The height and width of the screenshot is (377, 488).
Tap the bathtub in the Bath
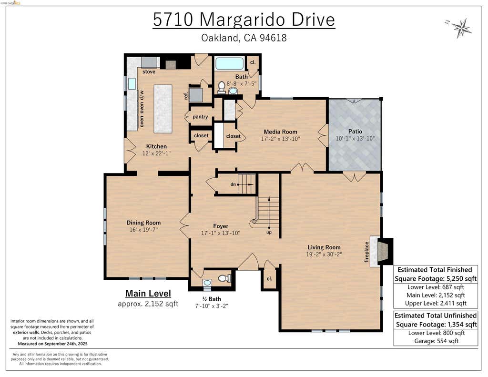(230, 63)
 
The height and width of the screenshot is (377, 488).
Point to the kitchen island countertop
(163, 109)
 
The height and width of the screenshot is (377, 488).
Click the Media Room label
(280, 132)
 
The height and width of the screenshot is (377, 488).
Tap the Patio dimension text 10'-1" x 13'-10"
(355, 139)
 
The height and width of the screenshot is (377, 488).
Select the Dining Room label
(143, 223)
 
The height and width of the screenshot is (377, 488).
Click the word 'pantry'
(200, 117)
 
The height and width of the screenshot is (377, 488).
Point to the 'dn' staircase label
(233, 184)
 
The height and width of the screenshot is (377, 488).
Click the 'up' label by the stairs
(269, 232)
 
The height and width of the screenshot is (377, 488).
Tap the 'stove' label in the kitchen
(149, 71)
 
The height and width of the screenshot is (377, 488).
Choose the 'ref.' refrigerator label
(186, 95)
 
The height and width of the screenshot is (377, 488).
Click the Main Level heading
(148, 293)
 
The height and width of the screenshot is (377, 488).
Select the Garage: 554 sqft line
(436, 341)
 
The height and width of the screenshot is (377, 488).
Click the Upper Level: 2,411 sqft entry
(436, 303)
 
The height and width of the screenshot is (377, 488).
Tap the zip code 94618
(273, 38)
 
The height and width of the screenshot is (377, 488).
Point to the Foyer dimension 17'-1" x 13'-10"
(221, 233)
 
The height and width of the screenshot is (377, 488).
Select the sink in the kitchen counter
(132, 84)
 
